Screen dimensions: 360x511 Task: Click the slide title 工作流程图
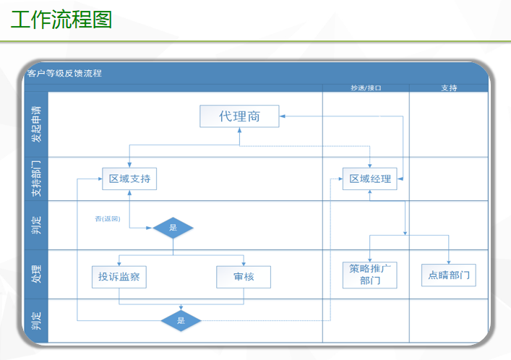pyautogui.click(x=61, y=20)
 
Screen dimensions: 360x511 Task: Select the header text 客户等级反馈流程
pyautogui.click(x=64, y=73)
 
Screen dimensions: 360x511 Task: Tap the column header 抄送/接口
pyautogui.click(x=366, y=88)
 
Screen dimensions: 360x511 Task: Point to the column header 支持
pyautogui.click(x=449, y=88)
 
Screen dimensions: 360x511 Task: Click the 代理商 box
pyautogui.click(x=239, y=116)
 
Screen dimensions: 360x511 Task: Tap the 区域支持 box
pyautogui.click(x=129, y=179)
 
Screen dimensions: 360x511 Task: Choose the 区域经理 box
pyautogui.click(x=370, y=179)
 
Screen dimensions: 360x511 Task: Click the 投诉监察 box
pyautogui.click(x=119, y=276)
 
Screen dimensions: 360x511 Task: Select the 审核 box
pyautogui.click(x=244, y=276)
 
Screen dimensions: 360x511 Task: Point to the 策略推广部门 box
pyautogui.click(x=370, y=275)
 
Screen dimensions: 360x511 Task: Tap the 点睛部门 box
pyautogui.click(x=449, y=275)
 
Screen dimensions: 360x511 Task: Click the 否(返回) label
pyautogui.click(x=107, y=218)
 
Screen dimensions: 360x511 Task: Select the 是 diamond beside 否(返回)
pyautogui.click(x=173, y=228)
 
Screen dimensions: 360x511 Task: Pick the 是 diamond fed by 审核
pyautogui.click(x=181, y=320)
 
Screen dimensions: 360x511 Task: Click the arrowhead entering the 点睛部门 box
pyautogui.click(x=449, y=261)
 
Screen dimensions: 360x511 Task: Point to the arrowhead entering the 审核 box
pyautogui.click(x=244, y=263)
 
